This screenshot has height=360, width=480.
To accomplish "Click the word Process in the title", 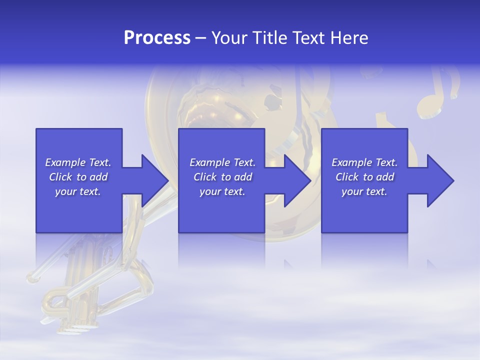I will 157,38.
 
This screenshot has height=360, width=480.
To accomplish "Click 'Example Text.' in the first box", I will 78,162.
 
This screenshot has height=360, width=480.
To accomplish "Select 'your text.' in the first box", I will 78,191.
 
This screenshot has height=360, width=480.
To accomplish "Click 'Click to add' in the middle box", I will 222,177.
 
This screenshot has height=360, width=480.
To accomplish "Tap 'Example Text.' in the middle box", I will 222,162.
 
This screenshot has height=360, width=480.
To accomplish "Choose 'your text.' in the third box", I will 364,191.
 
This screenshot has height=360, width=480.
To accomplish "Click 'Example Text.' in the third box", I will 364,162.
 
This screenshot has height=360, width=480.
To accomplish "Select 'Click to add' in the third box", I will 364,177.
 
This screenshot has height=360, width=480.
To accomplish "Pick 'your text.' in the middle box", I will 222,191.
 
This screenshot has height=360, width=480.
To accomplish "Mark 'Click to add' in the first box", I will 78,177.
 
